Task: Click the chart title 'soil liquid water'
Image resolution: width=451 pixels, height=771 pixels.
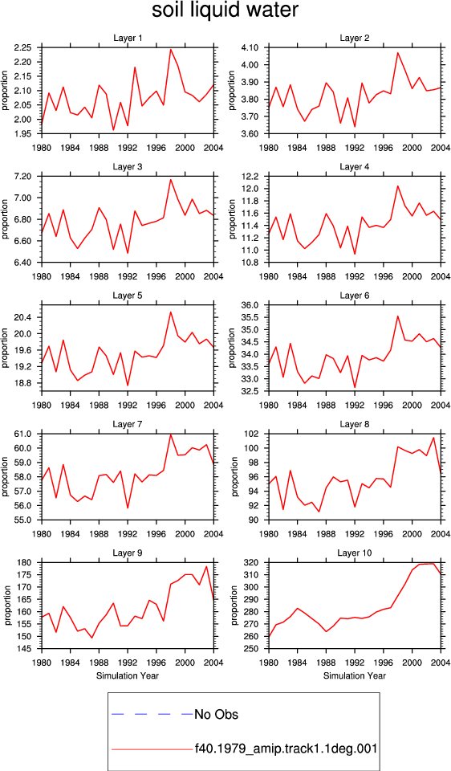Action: click(225, 10)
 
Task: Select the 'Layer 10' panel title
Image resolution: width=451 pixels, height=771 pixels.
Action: click(355, 553)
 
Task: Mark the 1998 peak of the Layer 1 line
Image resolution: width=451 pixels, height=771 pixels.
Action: click(171, 49)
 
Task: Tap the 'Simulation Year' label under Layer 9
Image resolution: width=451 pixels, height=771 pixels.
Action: click(128, 675)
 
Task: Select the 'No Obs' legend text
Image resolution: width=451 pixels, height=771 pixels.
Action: click(217, 714)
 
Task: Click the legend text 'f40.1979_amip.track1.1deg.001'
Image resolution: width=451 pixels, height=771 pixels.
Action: click(286, 749)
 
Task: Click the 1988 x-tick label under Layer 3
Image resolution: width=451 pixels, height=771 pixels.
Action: click(100, 275)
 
